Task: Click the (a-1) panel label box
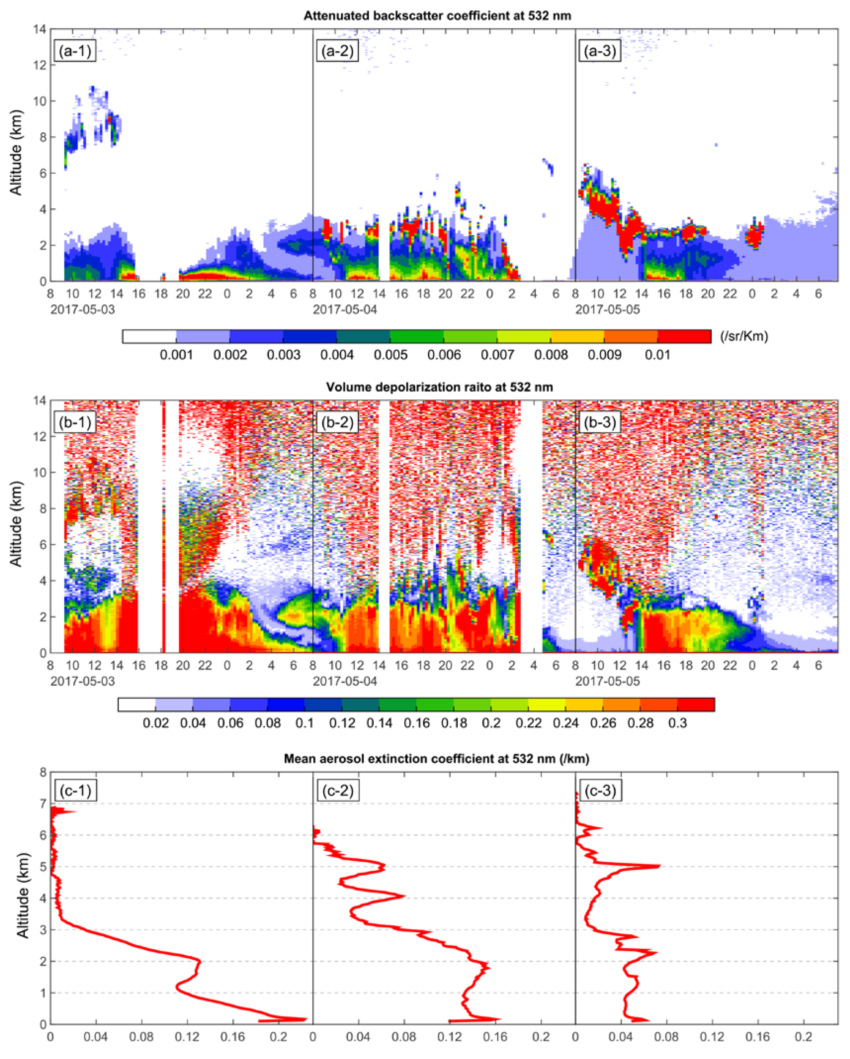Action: [x=75, y=51]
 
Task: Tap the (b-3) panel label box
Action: [x=600, y=422]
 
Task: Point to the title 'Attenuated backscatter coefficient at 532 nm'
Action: [x=437, y=16]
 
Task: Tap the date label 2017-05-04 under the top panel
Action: [x=345, y=310]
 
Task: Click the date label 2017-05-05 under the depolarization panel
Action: [x=608, y=681]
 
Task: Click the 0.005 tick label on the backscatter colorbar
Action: [x=391, y=355]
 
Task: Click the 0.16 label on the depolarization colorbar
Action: [x=417, y=723]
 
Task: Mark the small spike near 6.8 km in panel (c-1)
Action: [x=76, y=812]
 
